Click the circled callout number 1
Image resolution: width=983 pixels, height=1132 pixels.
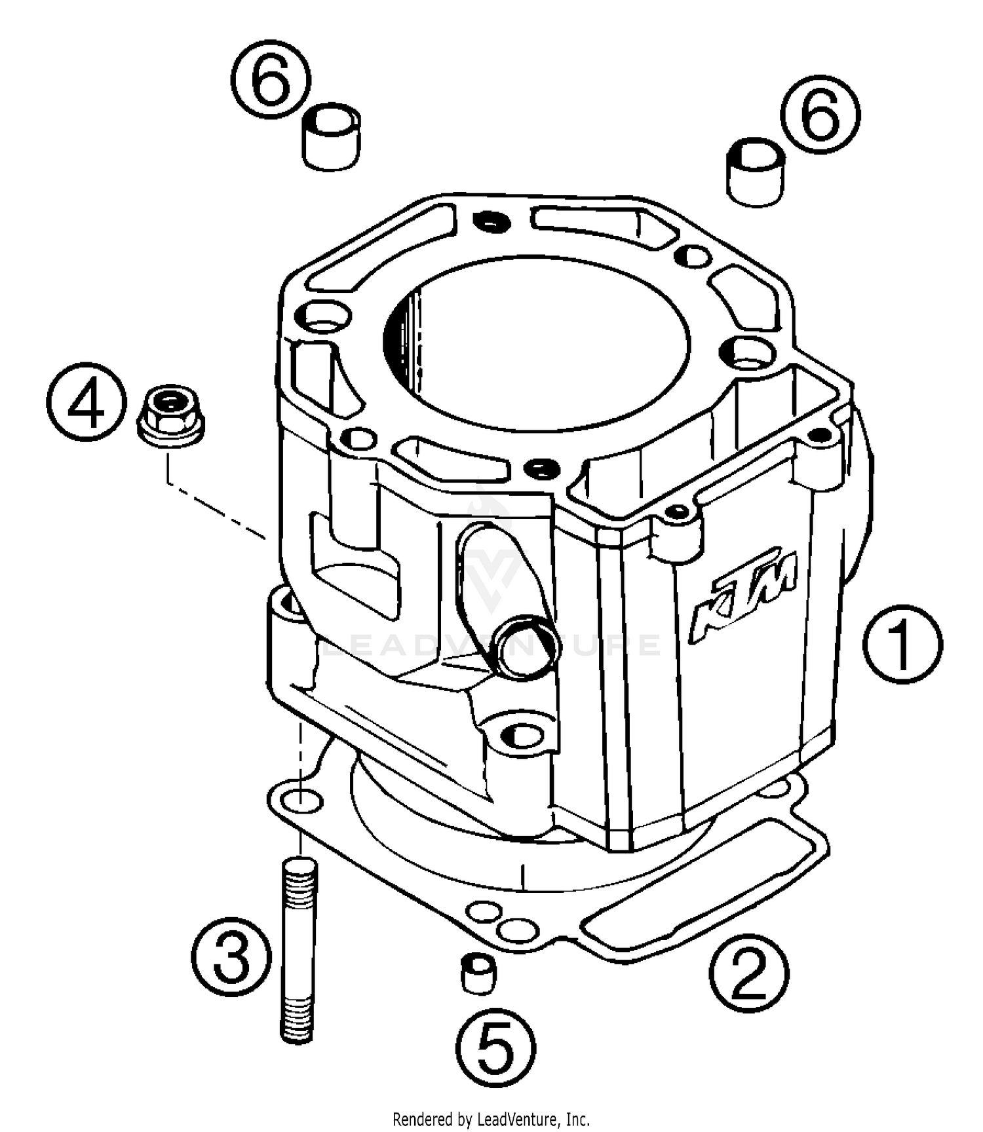[902, 645]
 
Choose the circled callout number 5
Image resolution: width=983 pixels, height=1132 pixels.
[496, 1047]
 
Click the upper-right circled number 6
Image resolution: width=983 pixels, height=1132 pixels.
[820, 114]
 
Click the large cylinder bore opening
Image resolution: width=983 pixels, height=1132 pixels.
[537, 343]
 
